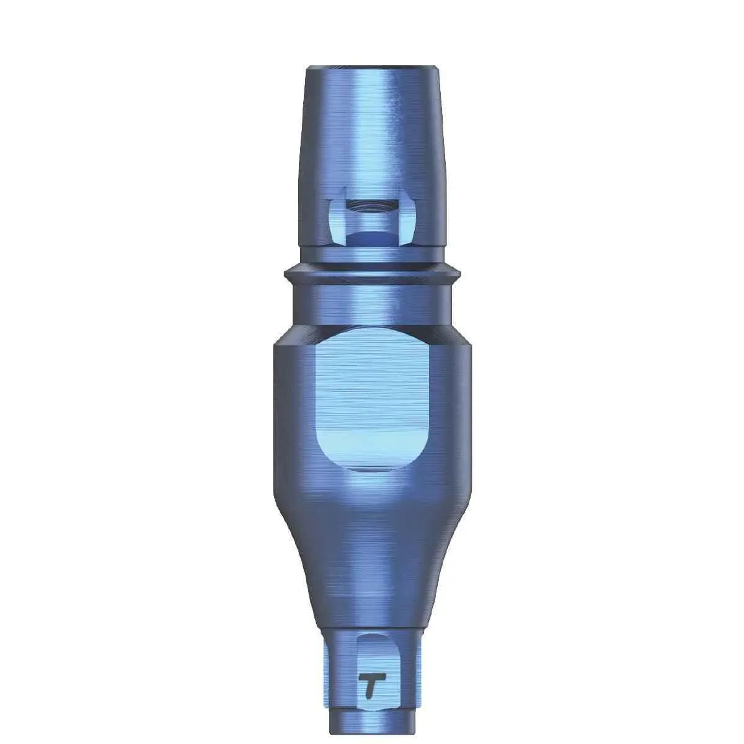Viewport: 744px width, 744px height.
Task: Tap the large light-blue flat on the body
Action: pyautogui.click(x=371, y=397)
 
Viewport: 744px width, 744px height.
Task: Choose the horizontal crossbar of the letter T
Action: pyautogui.click(x=371, y=678)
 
